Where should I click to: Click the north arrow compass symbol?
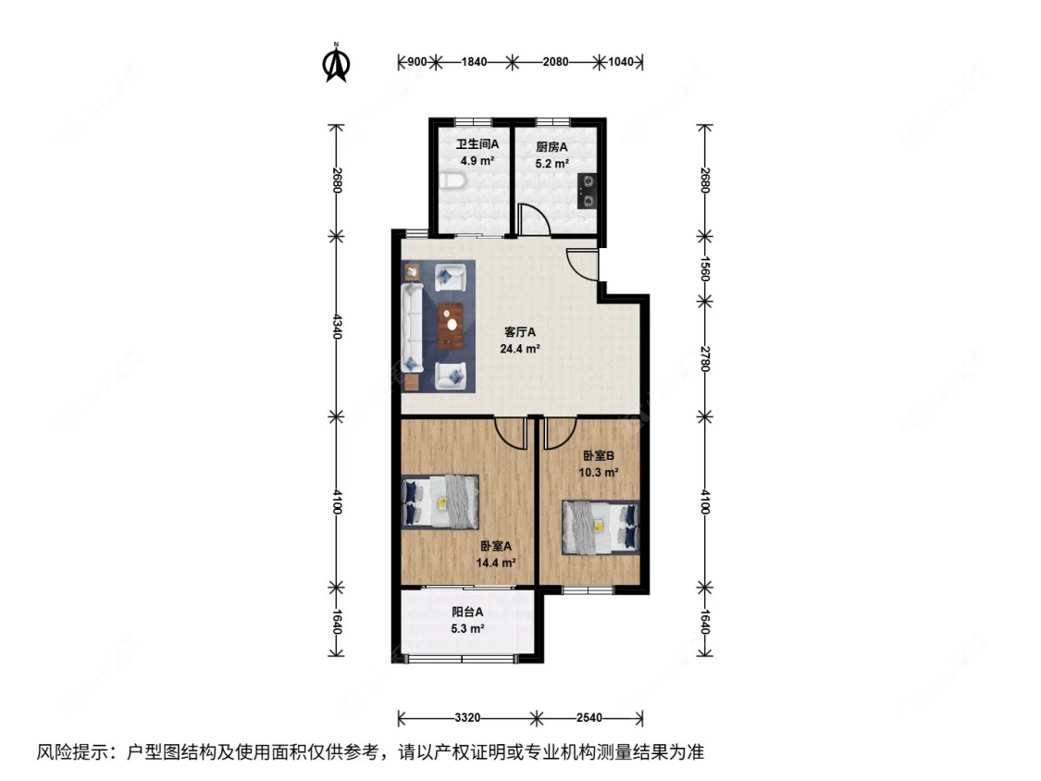(x=336, y=64)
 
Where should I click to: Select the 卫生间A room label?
(x=477, y=144)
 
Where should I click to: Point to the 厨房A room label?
(x=551, y=146)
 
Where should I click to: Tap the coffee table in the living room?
(x=451, y=319)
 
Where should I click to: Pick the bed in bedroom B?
(x=601, y=527)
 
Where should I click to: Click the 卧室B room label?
(x=599, y=455)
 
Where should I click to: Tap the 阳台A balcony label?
(x=468, y=612)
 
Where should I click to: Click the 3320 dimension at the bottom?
(x=466, y=718)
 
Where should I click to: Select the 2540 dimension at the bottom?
(x=589, y=718)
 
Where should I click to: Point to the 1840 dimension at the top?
(x=473, y=62)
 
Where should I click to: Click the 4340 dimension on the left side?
(x=337, y=326)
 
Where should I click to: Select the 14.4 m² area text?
(x=497, y=562)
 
